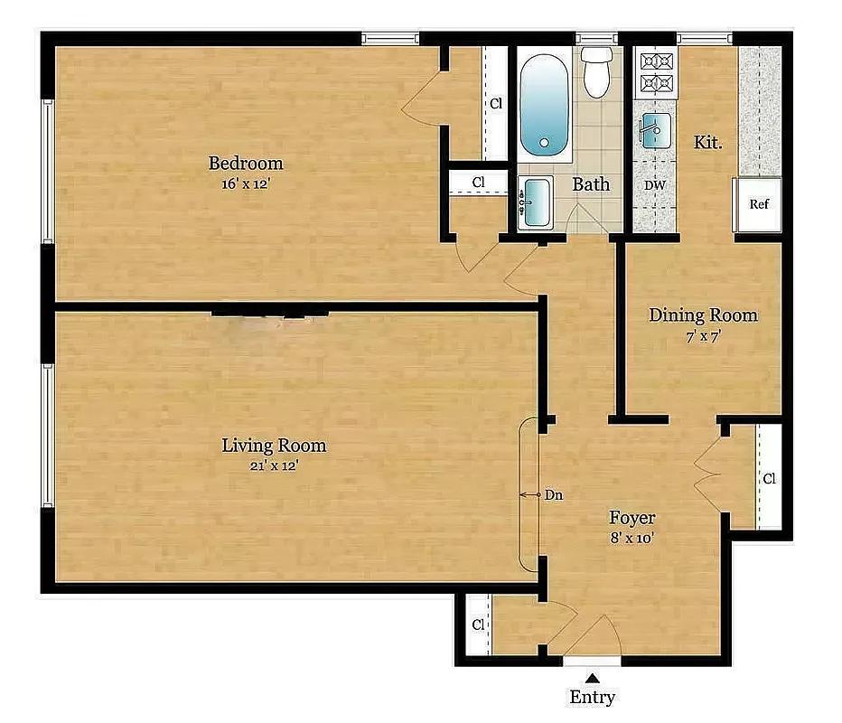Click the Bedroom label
click(x=246, y=164)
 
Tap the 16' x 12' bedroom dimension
click(x=246, y=183)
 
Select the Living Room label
click(x=274, y=446)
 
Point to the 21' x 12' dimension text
click(x=274, y=466)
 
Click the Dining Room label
click(x=703, y=315)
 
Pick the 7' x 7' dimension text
click(x=702, y=335)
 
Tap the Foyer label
click(x=631, y=518)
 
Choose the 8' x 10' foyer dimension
click(x=631, y=538)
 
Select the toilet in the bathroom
click(x=596, y=71)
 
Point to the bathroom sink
click(x=537, y=202)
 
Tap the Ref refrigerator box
click(x=758, y=204)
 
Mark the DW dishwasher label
click(x=655, y=186)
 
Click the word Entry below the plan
click(x=593, y=697)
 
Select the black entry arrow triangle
click(x=593, y=677)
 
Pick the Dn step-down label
click(x=554, y=495)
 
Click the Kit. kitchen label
click(x=707, y=143)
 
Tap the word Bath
click(x=592, y=184)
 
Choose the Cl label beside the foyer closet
click(x=769, y=479)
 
